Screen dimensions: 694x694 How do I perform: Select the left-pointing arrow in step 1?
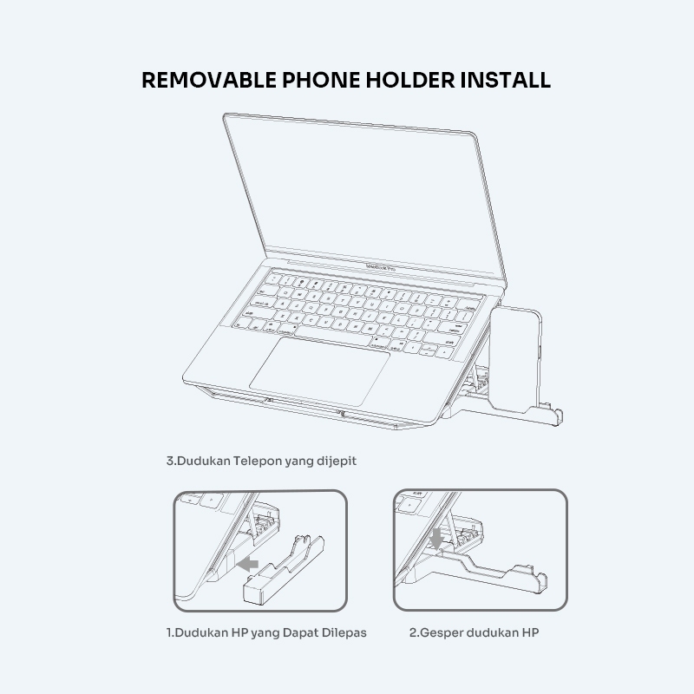250,564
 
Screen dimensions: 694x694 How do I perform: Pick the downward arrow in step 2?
436,540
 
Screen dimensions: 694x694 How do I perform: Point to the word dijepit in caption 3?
335,462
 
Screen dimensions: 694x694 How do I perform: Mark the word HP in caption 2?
529,632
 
